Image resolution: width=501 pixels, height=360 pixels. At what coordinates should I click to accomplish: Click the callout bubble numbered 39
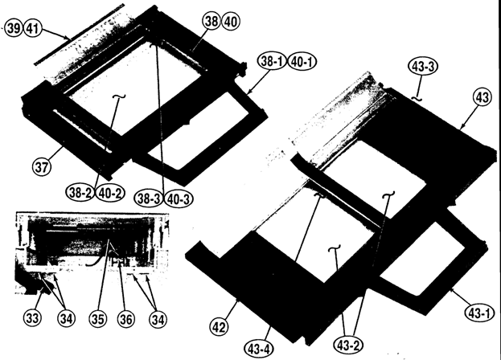coord(14,29)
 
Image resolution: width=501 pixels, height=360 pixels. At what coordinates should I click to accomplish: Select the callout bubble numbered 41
coord(33,29)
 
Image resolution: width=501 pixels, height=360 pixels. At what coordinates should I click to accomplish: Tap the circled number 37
coord(42,167)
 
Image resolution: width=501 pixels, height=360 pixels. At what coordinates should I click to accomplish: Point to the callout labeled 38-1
coord(272,62)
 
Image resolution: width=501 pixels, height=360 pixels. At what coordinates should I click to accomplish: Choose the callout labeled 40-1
coord(302,62)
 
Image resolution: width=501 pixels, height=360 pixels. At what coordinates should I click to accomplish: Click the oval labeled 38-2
coord(80,193)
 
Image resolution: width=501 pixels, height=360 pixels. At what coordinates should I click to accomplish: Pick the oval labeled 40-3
coord(179,198)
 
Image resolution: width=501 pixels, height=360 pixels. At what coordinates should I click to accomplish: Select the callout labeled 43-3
coord(423,67)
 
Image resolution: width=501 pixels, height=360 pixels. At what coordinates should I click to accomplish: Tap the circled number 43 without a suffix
coord(483,96)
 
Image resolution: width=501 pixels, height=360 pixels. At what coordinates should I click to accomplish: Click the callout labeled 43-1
coord(478,313)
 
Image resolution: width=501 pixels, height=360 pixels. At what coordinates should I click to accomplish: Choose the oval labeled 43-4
coord(259,349)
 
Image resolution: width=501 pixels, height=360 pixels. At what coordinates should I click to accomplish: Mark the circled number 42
coord(220,327)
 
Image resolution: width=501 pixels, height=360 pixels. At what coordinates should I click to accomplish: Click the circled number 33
coord(32,318)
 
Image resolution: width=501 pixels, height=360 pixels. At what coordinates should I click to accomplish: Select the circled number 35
coord(98,318)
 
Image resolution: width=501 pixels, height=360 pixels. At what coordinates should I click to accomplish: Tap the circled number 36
coord(126,319)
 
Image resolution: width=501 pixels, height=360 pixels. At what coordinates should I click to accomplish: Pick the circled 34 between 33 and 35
coord(66,318)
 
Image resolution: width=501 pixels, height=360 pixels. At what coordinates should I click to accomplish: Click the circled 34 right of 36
coord(158,319)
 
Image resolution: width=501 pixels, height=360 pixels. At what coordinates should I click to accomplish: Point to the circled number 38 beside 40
coord(211,22)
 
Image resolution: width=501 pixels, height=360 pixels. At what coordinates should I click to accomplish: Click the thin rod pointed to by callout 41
coord(79,35)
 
